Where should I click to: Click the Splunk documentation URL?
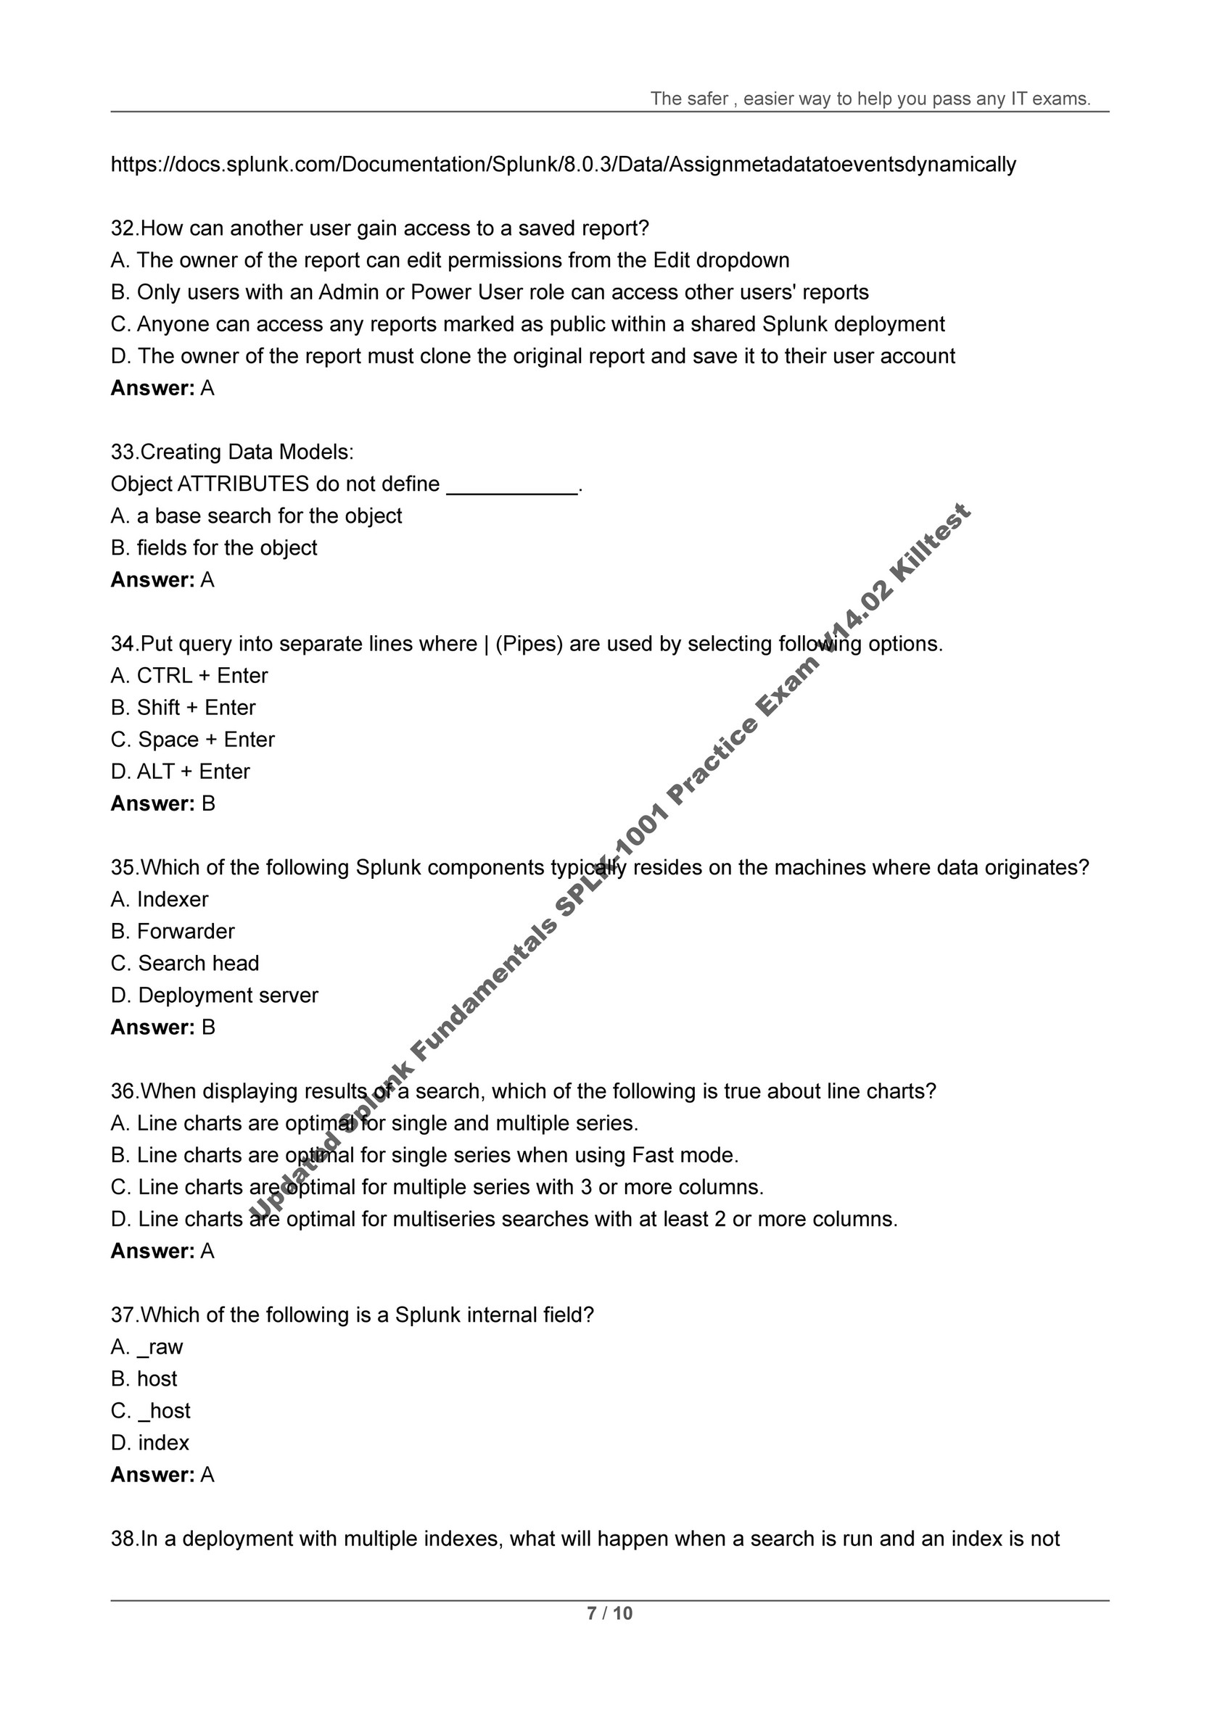563,165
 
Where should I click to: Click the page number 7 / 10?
609,1613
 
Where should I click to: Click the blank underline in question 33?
512,486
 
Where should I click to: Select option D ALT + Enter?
181,772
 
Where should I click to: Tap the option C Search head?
185,963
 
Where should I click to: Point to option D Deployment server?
214,996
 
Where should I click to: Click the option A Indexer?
160,899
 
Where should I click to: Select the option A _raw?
147,1347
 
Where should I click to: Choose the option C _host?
150,1411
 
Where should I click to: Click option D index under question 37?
149,1442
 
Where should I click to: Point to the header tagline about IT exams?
870,99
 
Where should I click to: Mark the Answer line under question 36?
162,1251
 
